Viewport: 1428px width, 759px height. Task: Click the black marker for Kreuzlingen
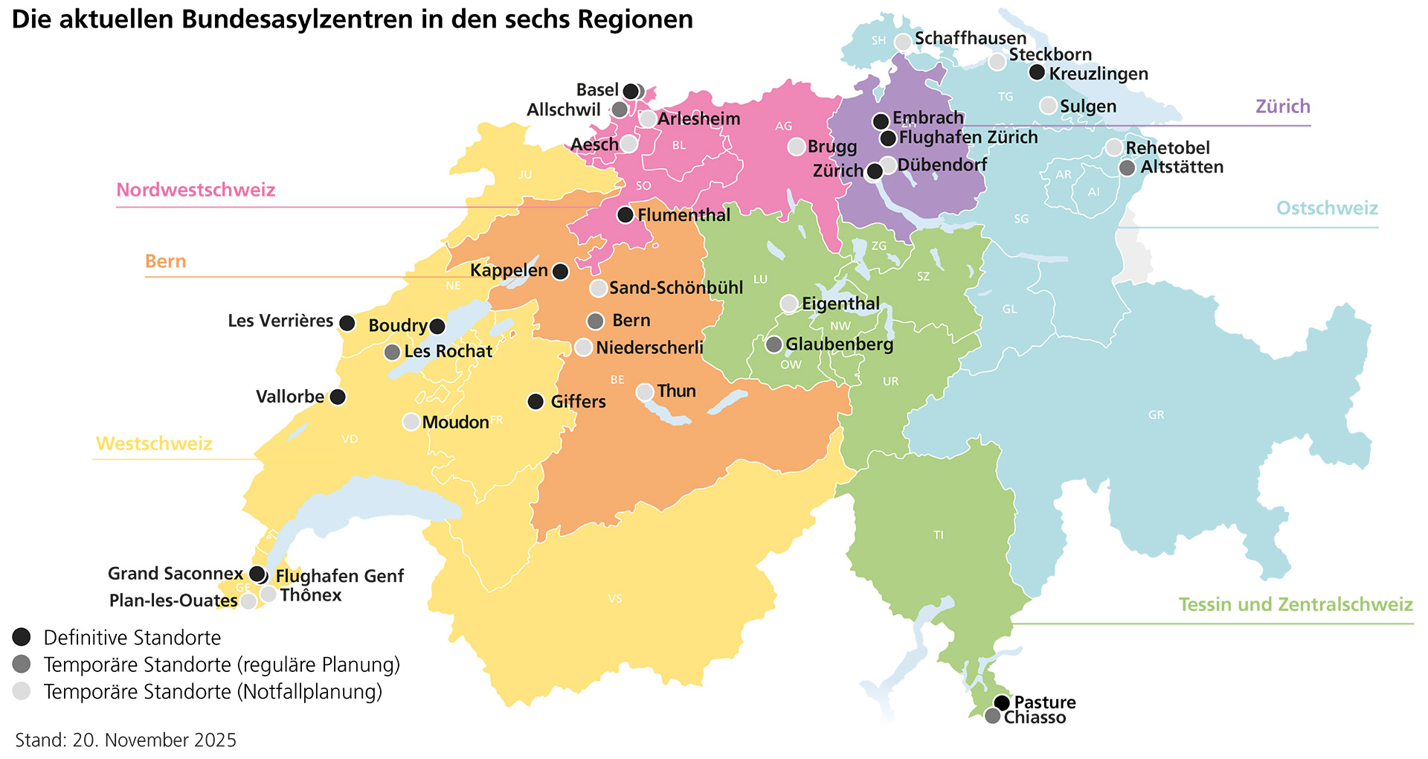(x=1037, y=72)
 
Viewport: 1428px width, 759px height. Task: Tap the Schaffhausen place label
(x=970, y=38)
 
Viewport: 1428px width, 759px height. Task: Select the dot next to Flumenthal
(x=625, y=215)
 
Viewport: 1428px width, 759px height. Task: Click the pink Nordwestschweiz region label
(x=196, y=190)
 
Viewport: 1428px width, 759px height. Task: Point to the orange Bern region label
(x=165, y=261)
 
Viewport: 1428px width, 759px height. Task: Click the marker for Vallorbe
(x=338, y=397)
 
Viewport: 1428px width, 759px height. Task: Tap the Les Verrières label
(x=280, y=321)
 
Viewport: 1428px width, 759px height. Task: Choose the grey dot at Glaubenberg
(x=774, y=345)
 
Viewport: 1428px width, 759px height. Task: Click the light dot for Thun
(x=645, y=392)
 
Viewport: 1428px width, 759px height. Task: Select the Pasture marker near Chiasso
(x=1002, y=702)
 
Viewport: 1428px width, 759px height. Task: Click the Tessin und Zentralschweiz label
(x=1295, y=604)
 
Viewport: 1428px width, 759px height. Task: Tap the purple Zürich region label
(x=1283, y=106)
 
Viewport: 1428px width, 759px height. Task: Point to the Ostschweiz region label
(x=1327, y=208)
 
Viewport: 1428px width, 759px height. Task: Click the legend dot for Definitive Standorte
(x=22, y=637)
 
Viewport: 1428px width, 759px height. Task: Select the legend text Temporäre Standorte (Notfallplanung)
(x=213, y=691)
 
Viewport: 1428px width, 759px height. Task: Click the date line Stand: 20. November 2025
(x=126, y=740)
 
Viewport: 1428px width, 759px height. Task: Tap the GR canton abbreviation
(x=1156, y=415)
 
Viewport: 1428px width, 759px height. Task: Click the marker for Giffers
(x=535, y=402)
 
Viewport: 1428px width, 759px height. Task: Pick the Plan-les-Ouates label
(x=173, y=601)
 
